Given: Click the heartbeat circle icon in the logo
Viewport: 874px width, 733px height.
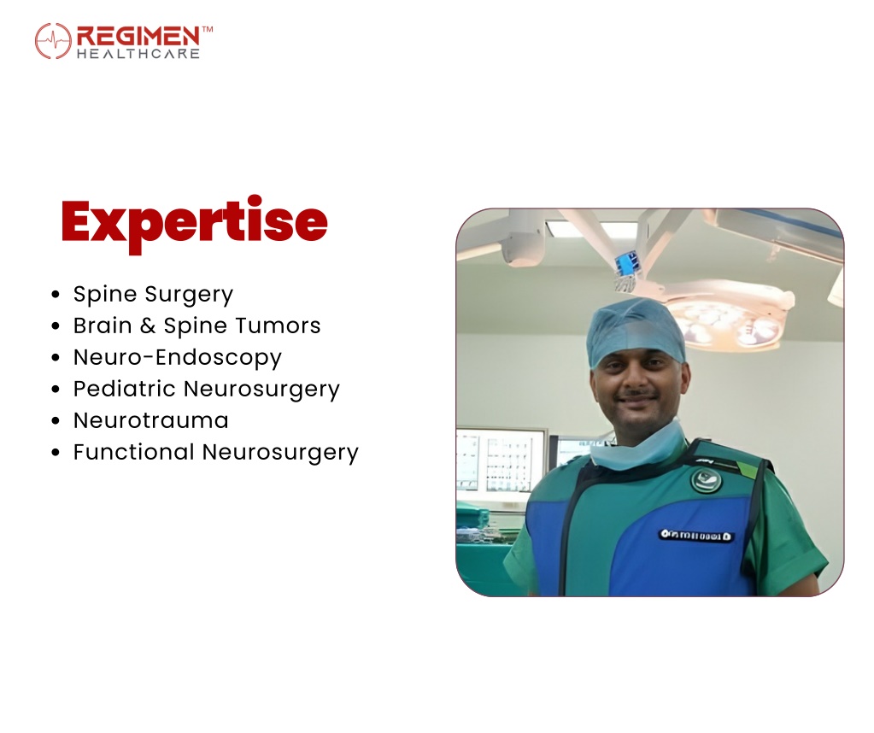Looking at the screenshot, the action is (53, 41).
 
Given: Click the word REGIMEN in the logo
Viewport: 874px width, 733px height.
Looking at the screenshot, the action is (138, 37).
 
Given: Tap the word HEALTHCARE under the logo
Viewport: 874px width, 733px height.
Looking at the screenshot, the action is (138, 54).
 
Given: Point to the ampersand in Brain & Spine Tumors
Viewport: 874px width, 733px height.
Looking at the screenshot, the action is (148, 325).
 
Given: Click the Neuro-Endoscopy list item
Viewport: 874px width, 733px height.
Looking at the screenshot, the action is (177, 358).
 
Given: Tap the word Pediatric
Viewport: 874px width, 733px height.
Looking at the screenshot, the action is (124, 389).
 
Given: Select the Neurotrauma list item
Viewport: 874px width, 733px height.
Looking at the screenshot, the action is (150, 421).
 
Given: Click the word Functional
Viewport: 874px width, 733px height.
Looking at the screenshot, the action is (134, 452).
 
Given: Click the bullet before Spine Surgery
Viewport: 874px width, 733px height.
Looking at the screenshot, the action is (56, 295).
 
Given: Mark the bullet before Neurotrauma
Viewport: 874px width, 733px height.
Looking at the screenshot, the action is (56, 421).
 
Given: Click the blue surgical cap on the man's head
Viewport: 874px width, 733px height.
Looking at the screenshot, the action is (636, 330).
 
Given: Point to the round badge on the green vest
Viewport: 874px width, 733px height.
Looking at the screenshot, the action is (707, 480).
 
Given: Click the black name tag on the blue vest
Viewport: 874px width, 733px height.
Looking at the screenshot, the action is (695, 536).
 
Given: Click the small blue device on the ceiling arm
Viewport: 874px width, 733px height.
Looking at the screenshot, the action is (627, 264).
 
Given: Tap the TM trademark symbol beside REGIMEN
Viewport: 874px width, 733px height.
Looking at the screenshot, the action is (207, 29).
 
